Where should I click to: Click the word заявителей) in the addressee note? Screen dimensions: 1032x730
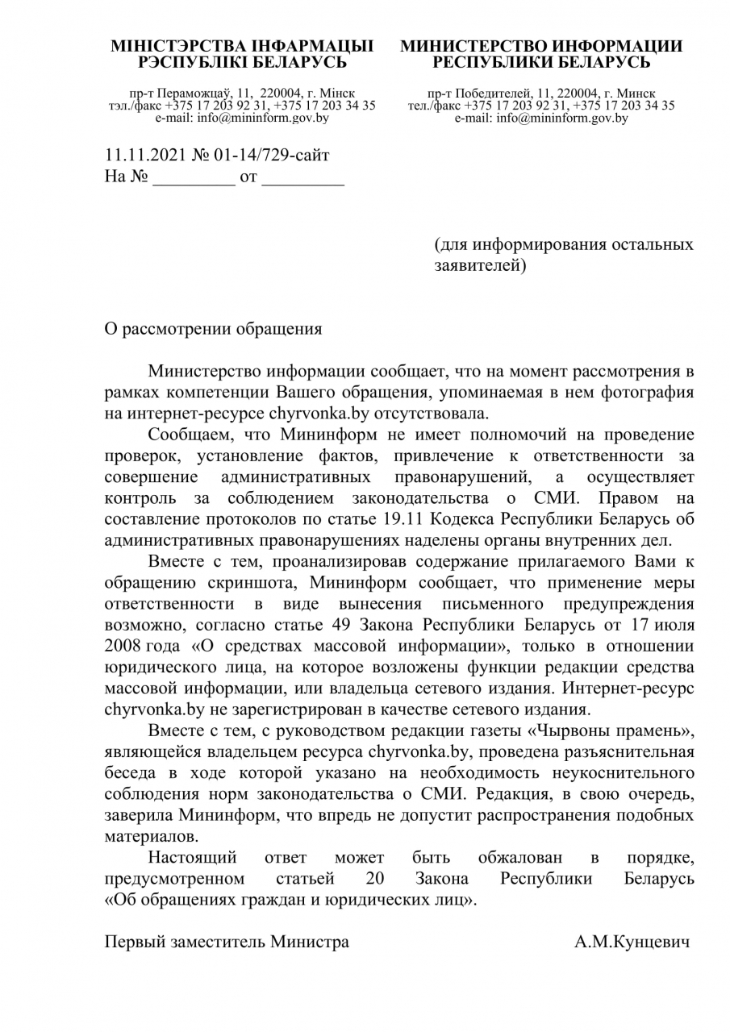[480, 264]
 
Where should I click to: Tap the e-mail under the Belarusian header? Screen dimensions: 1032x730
[242, 118]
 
